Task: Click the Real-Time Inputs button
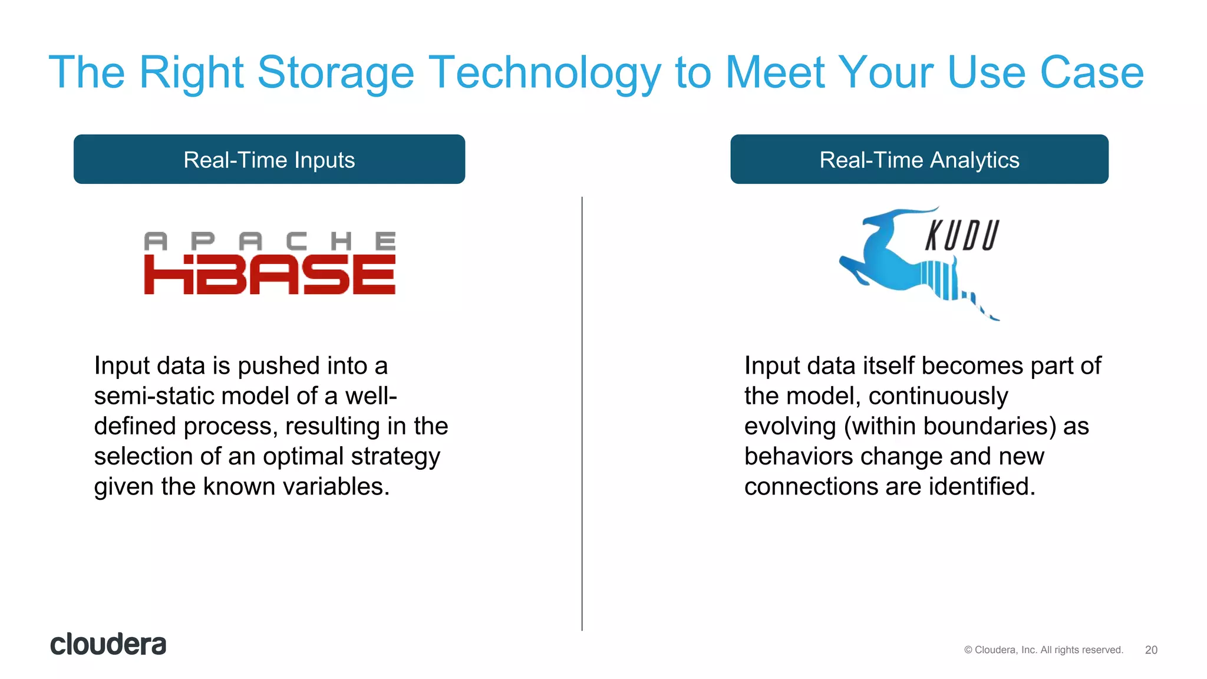[x=269, y=159]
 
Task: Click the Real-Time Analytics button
[x=919, y=159]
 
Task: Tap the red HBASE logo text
[x=269, y=275]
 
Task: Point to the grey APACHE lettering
[x=269, y=241]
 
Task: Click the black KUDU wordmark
[x=962, y=236]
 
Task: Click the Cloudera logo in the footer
[x=108, y=644]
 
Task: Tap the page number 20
[x=1151, y=650]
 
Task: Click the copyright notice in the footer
[x=1043, y=650]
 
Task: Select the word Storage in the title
[x=336, y=72]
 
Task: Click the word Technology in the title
[x=545, y=72]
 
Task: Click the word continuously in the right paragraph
[x=938, y=396]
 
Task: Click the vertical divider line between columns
[x=582, y=413]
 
